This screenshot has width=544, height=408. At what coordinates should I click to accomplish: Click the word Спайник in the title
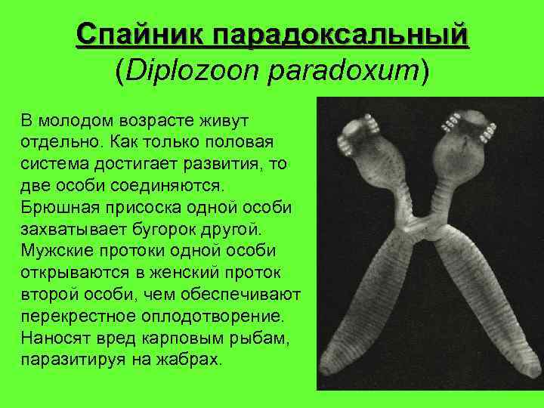[x=140, y=35]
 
